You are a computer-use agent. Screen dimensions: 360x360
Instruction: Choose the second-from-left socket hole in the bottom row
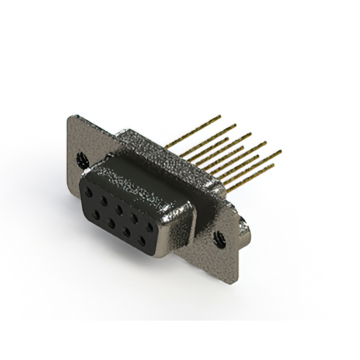tap(112, 221)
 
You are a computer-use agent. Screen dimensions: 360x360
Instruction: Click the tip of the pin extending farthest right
tap(280, 151)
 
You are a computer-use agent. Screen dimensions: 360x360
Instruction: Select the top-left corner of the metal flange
tap(69, 116)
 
